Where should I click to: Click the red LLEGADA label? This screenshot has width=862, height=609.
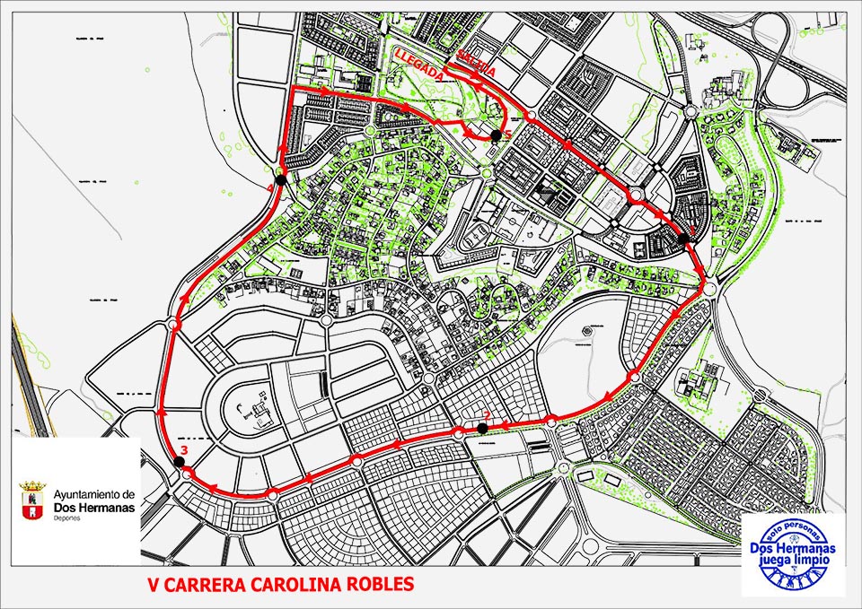point(418,65)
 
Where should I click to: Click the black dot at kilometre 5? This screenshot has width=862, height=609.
point(496,135)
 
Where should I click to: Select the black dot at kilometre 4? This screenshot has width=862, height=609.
point(281,179)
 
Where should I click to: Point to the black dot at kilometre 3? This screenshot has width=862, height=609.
point(179,462)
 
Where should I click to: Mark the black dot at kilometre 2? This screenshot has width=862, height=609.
point(483,428)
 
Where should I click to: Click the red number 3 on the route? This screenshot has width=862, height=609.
point(183,449)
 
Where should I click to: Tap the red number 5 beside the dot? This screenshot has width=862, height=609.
point(506,135)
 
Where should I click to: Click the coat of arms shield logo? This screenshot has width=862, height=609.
point(33,500)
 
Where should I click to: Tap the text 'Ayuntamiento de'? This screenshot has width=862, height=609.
point(94,494)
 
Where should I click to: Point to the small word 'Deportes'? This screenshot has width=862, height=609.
point(66,518)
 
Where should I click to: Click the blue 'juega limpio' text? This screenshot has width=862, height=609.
point(794,561)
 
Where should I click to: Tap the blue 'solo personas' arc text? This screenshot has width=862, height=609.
point(794,533)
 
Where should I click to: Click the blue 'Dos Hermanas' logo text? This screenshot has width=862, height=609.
point(794,548)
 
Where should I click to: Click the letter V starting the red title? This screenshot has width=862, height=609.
point(154,584)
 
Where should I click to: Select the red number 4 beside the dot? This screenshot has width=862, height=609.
point(270,187)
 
